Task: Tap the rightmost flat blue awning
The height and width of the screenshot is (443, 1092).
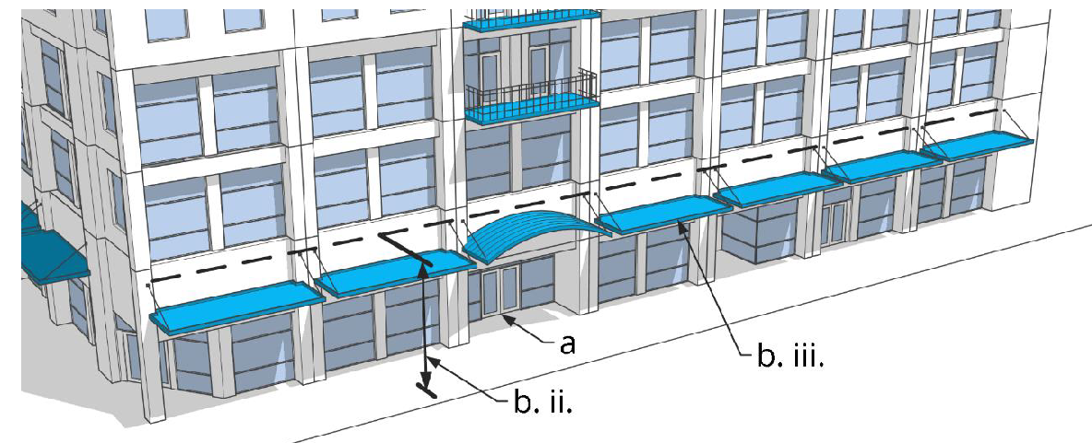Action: point(983,144)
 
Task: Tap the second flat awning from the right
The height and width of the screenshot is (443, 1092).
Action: point(881,165)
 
